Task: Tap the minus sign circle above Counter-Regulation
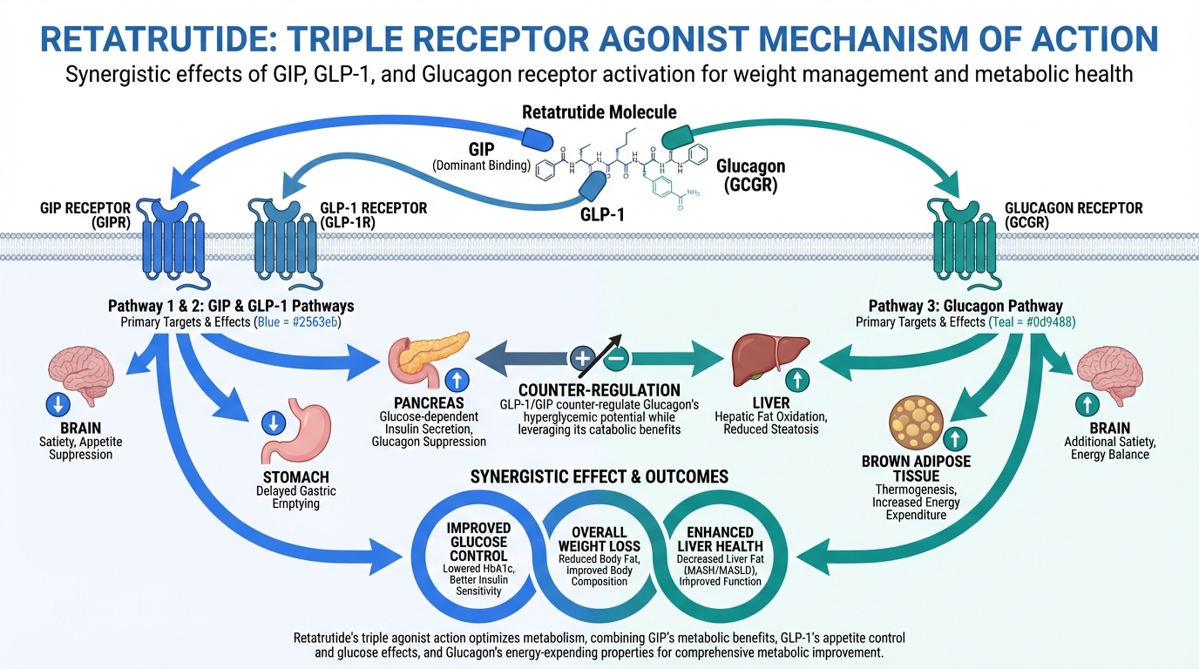[617, 357]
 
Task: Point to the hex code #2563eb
[314, 322]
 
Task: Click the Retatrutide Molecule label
[599, 112]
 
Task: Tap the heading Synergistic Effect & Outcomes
[599, 476]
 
